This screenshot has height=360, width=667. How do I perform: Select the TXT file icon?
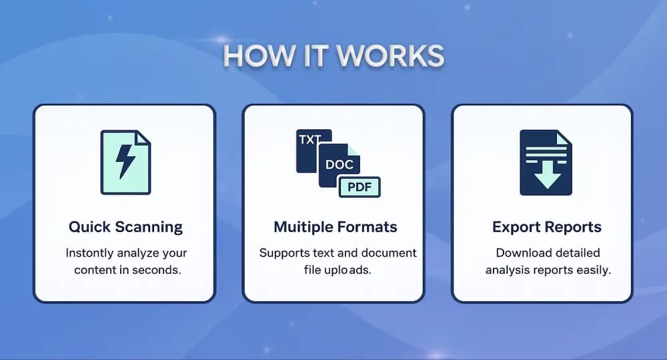click(310, 143)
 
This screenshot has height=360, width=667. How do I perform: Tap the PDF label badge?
click(359, 187)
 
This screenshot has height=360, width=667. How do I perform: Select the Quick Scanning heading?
click(125, 227)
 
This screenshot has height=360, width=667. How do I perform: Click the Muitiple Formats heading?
click(335, 227)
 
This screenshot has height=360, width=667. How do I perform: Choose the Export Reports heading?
click(546, 227)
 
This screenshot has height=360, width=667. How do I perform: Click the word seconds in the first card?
click(157, 270)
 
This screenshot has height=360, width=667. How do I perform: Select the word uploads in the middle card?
click(352, 270)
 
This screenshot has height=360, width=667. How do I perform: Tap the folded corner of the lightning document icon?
click(143, 137)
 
